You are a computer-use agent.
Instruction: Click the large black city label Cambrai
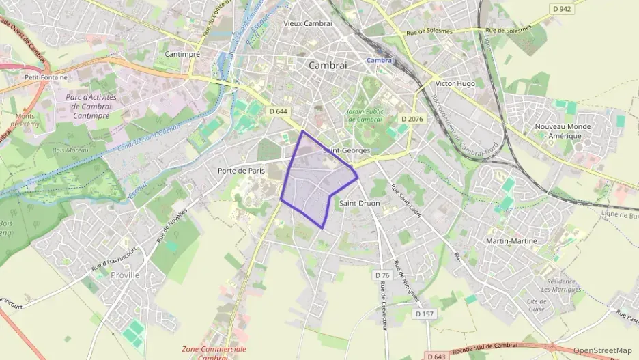click(328, 66)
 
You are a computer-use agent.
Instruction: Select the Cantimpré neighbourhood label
click(182, 53)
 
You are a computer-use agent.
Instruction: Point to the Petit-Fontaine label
click(46, 77)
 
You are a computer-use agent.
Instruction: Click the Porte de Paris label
click(240, 171)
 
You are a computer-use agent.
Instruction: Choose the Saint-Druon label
click(359, 203)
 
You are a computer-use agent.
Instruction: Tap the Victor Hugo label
click(455, 83)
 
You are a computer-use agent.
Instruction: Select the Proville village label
click(125, 275)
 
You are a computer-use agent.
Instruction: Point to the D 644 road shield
click(279, 111)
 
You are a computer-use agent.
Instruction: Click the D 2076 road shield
click(412, 119)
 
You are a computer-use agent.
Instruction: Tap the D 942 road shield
click(562, 9)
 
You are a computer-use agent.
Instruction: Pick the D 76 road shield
click(382, 275)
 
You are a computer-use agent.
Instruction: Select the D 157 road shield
click(425, 314)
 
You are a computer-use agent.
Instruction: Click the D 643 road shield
click(436, 355)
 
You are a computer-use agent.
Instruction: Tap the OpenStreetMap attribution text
click(603, 350)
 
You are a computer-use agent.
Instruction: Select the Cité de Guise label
click(537, 305)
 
